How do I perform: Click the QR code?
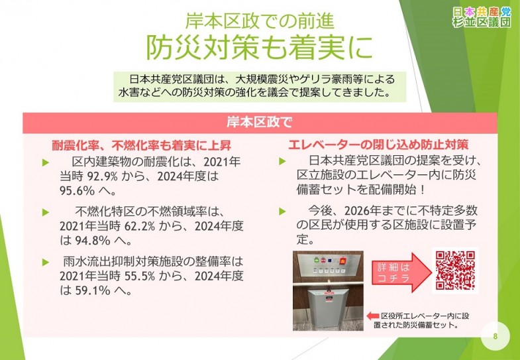[455, 270]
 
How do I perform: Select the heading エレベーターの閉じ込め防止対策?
[378, 144]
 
